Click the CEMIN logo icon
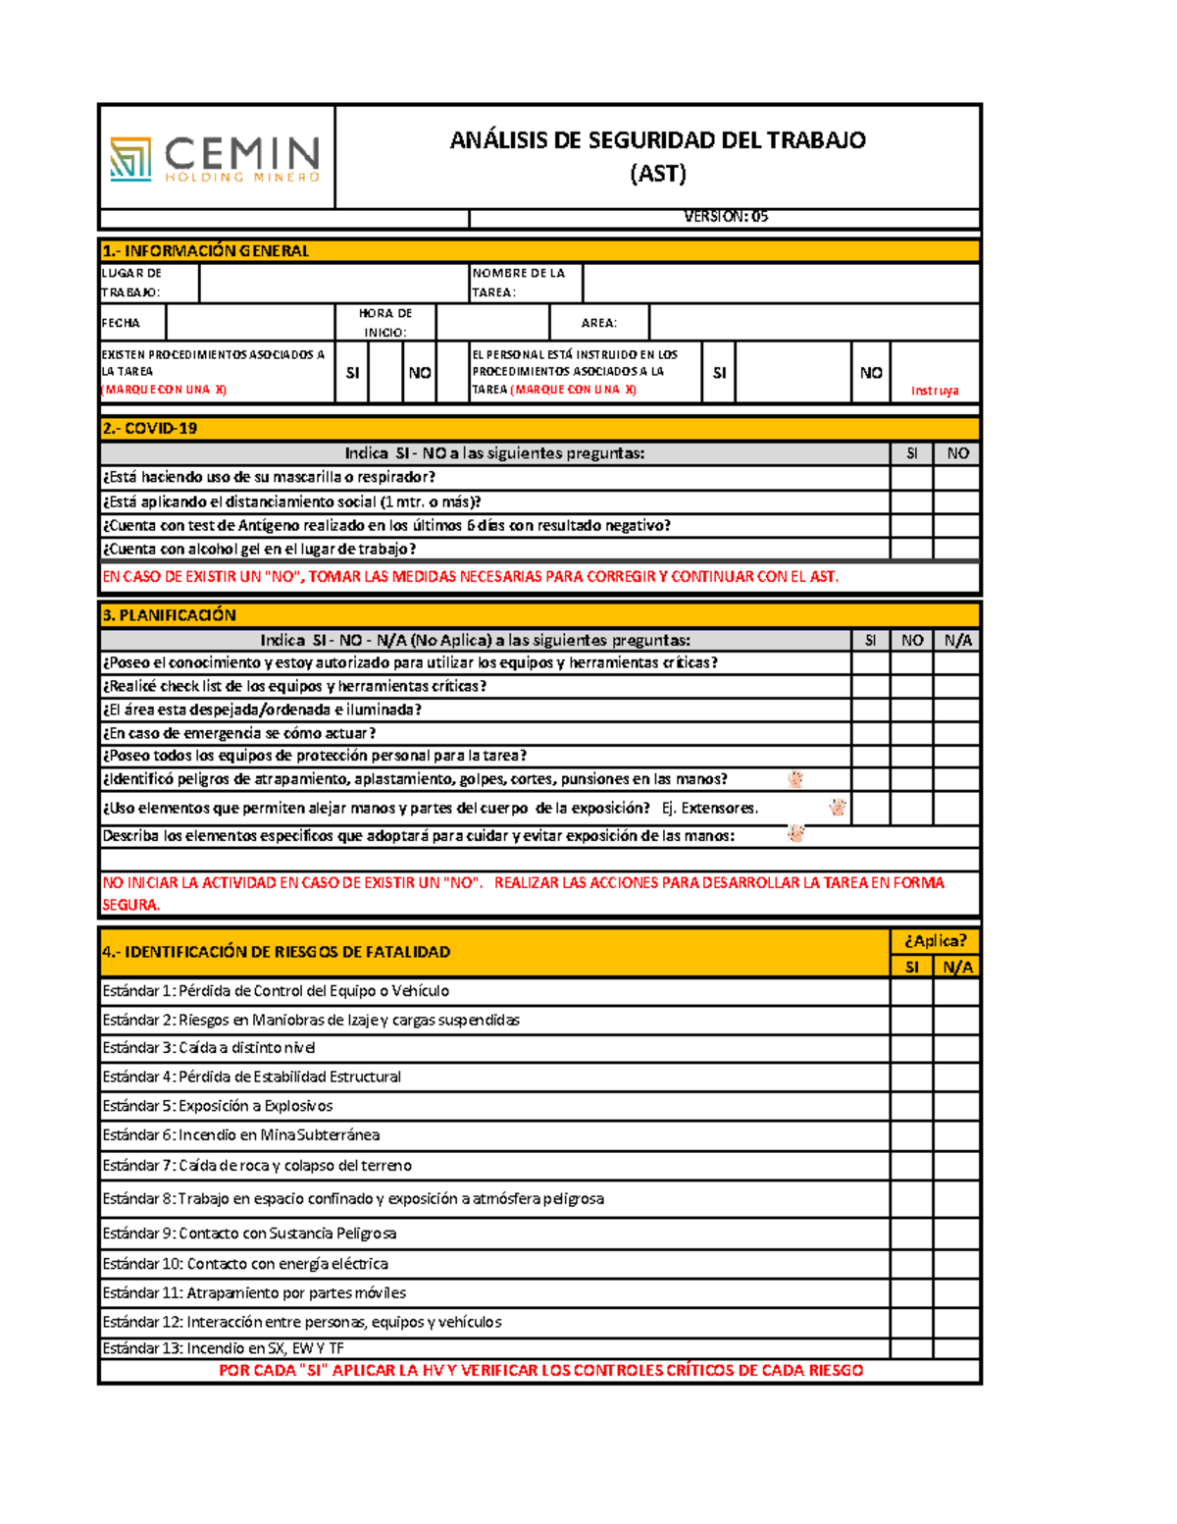click(130, 158)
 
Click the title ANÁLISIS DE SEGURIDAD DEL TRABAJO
click(657, 140)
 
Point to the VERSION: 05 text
click(725, 217)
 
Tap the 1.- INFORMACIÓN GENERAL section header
click(206, 251)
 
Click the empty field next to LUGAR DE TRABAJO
click(333, 284)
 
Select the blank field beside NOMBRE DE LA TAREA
click(781, 284)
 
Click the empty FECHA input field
click(250, 323)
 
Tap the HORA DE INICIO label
click(384, 323)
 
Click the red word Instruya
click(934, 391)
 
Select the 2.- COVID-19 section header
click(149, 429)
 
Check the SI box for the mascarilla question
click(911, 478)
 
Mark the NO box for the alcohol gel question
click(956, 550)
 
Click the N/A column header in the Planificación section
click(957, 641)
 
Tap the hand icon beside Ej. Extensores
click(837, 808)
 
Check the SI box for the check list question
click(870, 687)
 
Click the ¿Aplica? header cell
click(934, 941)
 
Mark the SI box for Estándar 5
click(911, 1106)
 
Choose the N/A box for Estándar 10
click(956, 1264)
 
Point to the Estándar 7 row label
click(257, 1166)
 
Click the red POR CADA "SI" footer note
click(540, 1371)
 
